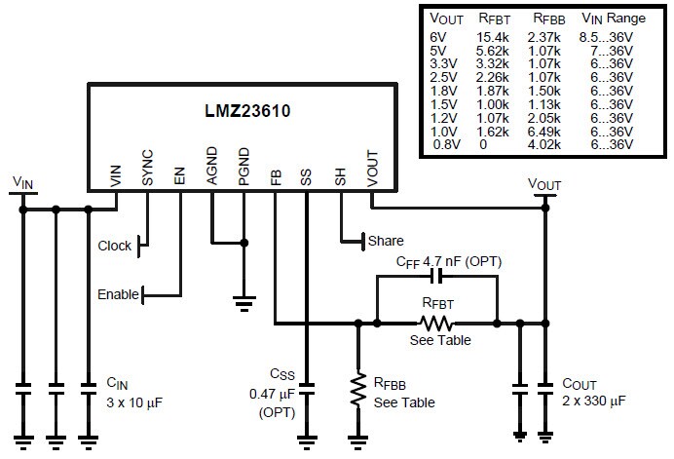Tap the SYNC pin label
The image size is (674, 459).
[x=148, y=168]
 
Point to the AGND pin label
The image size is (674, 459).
[x=212, y=166]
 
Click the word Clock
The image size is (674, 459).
[x=115, y=246]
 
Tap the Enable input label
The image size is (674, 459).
[x=118, y=294]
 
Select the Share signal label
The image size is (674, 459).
[x=386, y=241]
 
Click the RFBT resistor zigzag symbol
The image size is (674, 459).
[x=435, y=323]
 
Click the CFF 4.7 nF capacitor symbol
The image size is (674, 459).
[x=435, y=277]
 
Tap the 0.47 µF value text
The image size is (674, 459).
[x=276, y=395]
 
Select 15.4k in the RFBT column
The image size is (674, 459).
[x=492, y=37]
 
